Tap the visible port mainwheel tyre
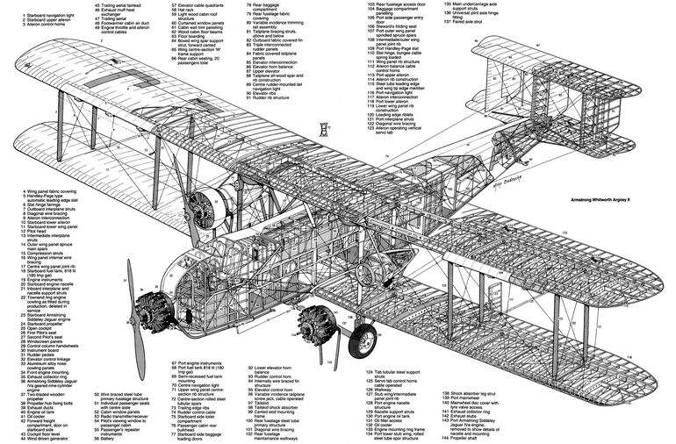pyautogui.click(x=362, y=340)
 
